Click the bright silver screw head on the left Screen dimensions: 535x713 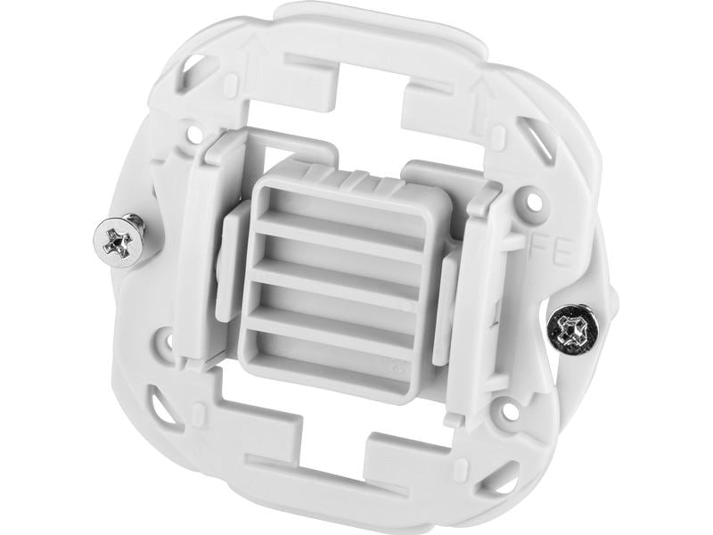pos(118,239)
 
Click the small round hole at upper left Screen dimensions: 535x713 pos(193,134)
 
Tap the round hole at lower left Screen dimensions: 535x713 pos(166,340)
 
